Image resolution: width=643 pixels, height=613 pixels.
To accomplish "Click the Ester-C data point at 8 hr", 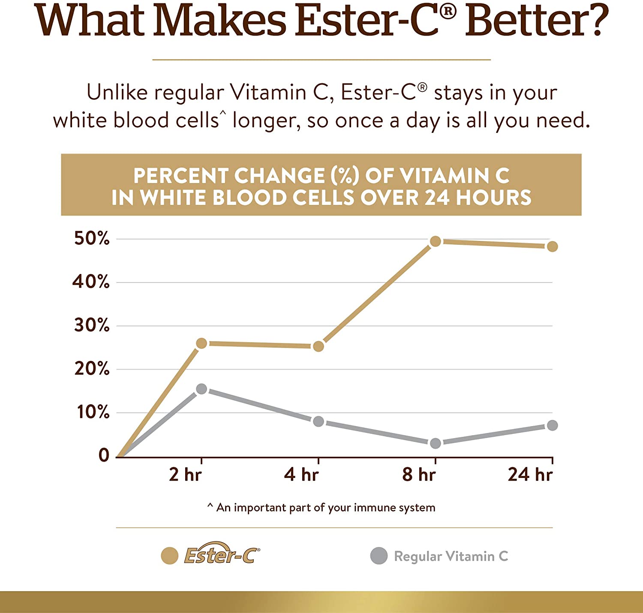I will (x=435, y=241).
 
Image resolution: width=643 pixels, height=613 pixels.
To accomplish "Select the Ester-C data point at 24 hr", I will (x=552, y=246).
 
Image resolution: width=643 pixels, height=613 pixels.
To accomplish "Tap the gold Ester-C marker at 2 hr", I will (x=201, y=343).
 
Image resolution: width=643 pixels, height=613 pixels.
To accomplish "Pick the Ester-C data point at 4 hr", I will (x=318, y=346).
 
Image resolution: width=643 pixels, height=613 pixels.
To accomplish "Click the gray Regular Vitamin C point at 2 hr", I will (x=201, y=389).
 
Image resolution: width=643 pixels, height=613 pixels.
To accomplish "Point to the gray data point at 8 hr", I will (x=435, y=443).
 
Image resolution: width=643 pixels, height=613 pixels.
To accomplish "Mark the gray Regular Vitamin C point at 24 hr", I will (x=552, y=425).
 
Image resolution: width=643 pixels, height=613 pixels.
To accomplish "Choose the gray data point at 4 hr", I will (x=318, y=421).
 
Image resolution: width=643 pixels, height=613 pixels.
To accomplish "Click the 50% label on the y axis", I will (x=91, y=238).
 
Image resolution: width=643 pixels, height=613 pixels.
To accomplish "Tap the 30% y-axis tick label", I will (x=91, y=325).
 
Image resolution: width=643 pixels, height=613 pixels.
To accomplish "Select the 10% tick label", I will (x=93, y=412).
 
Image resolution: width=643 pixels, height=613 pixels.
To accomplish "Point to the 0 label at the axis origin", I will (x=104, y=455).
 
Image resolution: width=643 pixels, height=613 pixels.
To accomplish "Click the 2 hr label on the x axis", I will (x=185, y=475).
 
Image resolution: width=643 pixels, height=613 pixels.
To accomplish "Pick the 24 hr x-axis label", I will (x=530, y=475).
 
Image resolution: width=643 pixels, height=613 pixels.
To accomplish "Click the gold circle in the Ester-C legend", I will (x=169, y=556).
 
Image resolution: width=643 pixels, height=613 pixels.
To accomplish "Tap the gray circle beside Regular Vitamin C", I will (x=379, y=556).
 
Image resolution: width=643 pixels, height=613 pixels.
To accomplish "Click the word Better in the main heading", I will (x=537, y=20).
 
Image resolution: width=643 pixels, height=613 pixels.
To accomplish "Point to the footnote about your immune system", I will (x=321, y=508).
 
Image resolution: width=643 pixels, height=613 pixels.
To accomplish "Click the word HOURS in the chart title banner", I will (x=493, y=198).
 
